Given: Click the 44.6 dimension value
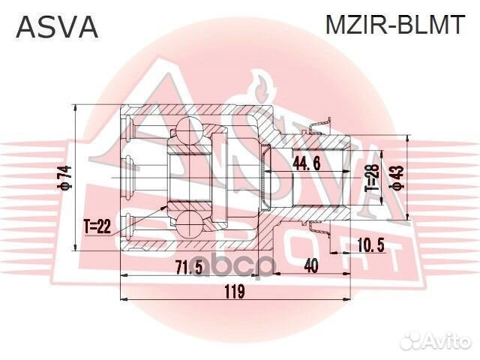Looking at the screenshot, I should (x=307, y=164).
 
